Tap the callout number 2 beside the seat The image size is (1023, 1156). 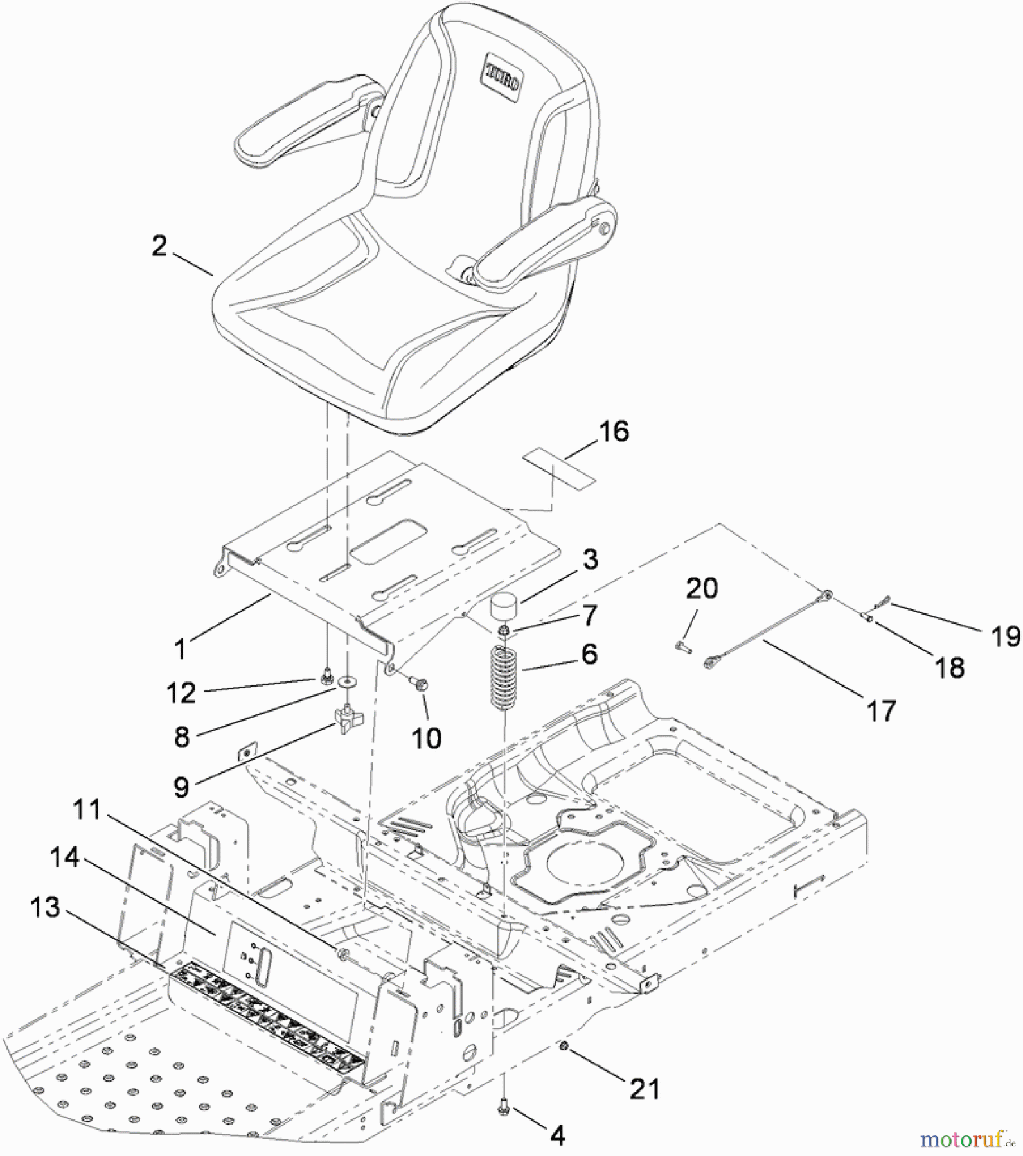coord(159,246)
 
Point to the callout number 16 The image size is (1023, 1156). coord(614,432)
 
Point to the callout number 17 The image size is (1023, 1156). coord(881,711)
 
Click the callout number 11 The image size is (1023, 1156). coord(87,810)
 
